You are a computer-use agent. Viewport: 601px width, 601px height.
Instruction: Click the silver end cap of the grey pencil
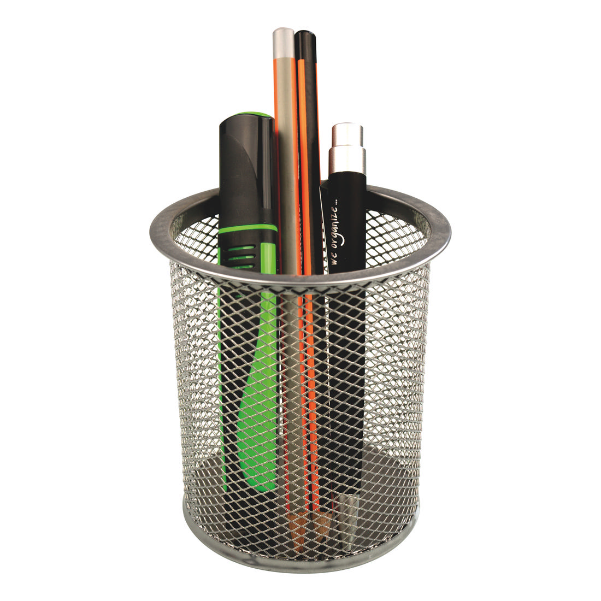284,42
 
